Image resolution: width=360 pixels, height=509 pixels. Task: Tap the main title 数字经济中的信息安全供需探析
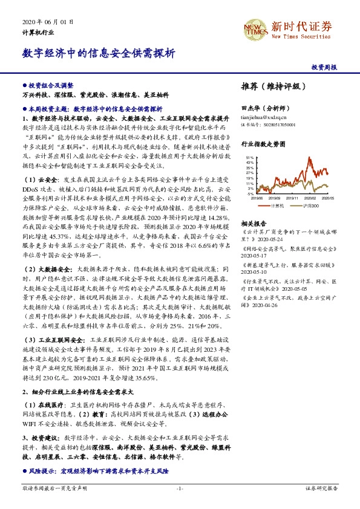coord(99,53)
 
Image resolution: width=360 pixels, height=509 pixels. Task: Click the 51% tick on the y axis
coord(250,158)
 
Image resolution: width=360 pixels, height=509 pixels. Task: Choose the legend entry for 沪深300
coord(310,206)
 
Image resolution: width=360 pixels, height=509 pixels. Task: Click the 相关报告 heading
coord(254,222)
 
